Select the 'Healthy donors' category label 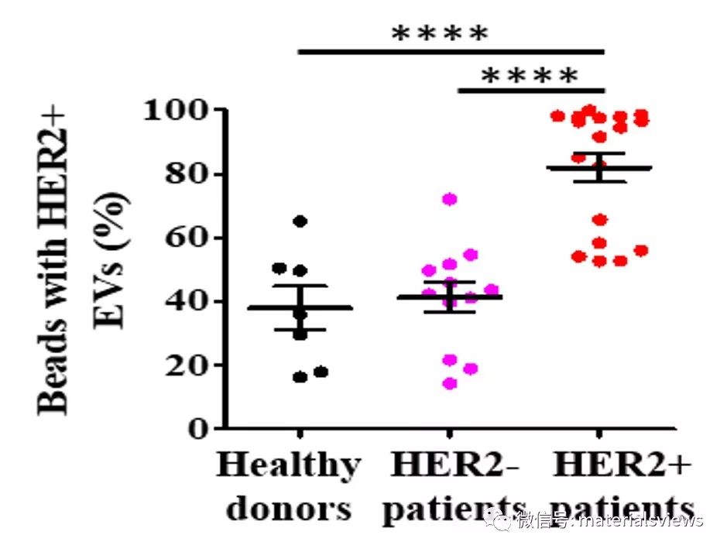(288, 487)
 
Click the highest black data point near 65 (300, 221)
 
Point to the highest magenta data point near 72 (450, 199)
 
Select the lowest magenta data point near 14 (450, 383)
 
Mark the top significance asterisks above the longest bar (440, 33)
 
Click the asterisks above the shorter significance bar (530, 76)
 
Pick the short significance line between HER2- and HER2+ (530, 91)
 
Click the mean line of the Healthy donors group (300, 307)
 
